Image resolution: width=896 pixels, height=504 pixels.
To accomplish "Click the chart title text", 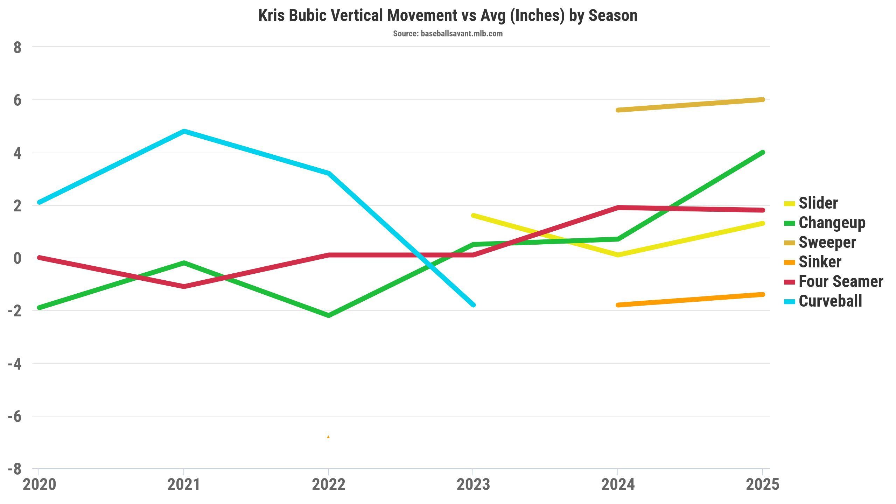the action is (448, 16).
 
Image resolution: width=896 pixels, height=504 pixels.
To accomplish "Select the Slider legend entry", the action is (811, 203).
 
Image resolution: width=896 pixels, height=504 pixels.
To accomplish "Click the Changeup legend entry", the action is (825, 223).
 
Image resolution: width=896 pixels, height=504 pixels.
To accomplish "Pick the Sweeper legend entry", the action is (820, 242).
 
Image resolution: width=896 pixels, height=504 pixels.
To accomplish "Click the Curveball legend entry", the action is (823, 301).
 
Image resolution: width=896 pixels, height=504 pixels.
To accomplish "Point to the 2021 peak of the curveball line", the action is (184, 131).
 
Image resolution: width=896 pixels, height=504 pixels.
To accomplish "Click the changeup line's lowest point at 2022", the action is (328, 315).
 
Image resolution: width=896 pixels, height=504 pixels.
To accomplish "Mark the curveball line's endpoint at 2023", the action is (473, 305).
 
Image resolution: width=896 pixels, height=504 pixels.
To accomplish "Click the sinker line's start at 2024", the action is (618, 305).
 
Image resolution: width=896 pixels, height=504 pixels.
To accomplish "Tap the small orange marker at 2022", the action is (328, 437).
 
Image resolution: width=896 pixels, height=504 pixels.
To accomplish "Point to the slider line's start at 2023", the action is (473, 216).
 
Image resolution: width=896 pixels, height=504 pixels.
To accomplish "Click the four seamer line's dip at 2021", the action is (184, 287).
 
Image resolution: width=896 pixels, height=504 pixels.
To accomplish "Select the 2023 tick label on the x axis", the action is (473, 485).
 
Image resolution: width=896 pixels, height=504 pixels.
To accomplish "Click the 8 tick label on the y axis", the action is (17, 48).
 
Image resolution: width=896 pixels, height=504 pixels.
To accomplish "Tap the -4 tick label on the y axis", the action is (15, 364).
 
